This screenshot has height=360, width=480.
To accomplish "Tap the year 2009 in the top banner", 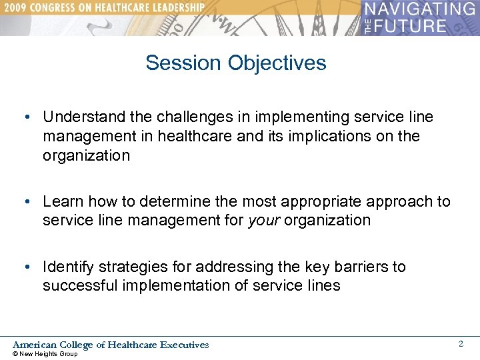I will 17,7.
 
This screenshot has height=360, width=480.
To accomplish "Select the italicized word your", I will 263,221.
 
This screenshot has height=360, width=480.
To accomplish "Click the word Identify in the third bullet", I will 67,267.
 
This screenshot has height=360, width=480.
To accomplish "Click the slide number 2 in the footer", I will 460,344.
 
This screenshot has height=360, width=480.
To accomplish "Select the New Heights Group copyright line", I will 45,354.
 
